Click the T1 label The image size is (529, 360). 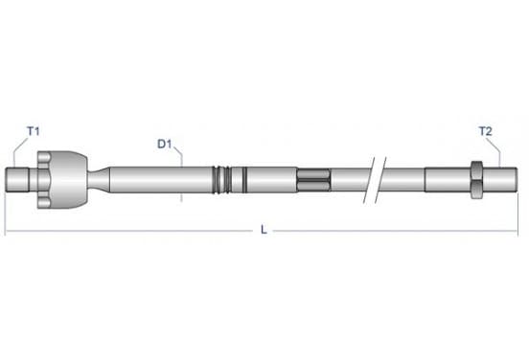(33, 131)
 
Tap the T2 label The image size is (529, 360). (486, 131)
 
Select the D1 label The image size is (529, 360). (165, 144)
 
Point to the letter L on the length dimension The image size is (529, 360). (264, 230)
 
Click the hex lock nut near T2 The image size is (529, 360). (476, 180)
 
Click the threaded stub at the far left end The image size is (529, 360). (17, 180)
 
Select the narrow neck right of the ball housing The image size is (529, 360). (99, 180)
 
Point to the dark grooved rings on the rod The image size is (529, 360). (221, 180)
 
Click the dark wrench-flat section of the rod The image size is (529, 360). (313, 180)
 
